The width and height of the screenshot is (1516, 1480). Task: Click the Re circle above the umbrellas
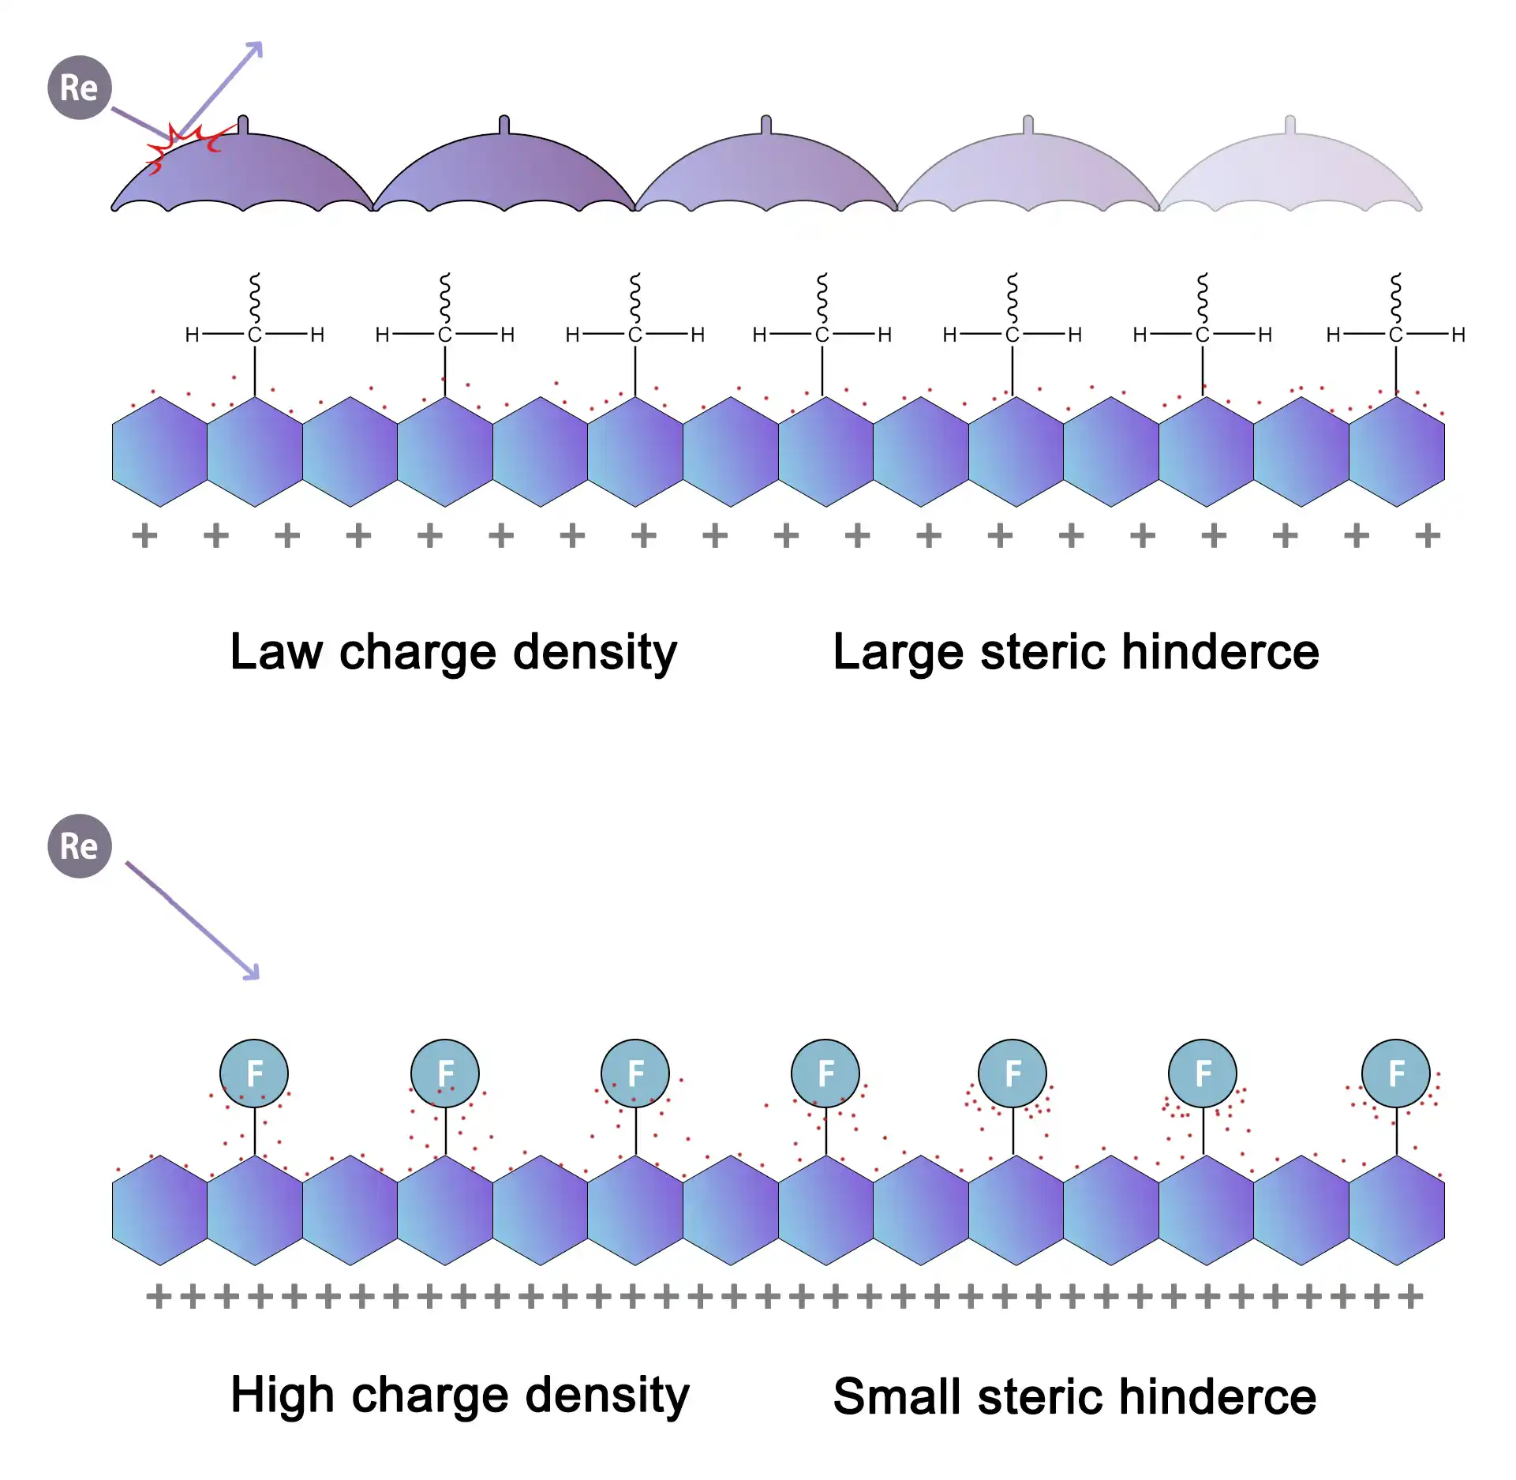click(80, 88)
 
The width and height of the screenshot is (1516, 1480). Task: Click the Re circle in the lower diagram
click(80, 846)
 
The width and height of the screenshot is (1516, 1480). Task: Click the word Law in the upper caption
click(276, 652)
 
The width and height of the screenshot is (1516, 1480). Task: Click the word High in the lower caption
click(283, 1396)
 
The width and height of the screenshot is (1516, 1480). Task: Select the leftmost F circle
click(254, 1073)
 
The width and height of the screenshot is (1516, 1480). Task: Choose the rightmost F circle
click(1396, 1073)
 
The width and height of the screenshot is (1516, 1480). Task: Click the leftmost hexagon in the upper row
click(160, 451)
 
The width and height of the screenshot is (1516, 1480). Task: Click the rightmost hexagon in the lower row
click(1397, 1210)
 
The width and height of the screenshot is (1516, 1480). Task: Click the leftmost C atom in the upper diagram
click(254, 335)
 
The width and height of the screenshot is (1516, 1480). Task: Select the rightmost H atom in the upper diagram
click(1458, 335)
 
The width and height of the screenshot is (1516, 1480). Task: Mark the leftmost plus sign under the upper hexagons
click(144, 536)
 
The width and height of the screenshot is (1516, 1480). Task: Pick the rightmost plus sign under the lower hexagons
click(1411, 1296)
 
